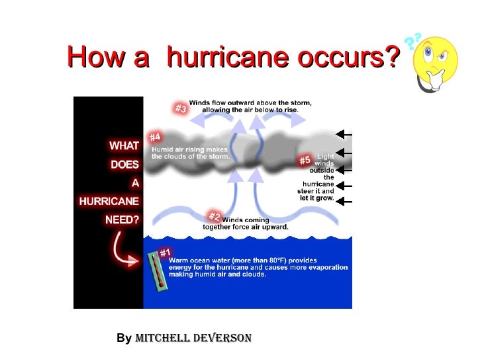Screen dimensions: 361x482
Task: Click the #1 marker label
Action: point(165,253)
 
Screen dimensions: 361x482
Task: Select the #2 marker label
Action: point(214,217)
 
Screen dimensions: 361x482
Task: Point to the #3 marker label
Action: point(180,108)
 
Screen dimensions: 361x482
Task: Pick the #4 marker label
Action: point(155,137)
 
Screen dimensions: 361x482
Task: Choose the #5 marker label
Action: point(305,161)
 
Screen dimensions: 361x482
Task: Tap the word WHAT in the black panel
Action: point(124,145)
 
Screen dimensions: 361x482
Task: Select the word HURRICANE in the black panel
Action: point(109,202)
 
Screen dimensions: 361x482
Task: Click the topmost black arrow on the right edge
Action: point(344,134)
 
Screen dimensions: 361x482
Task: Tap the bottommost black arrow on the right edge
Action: point(344,201)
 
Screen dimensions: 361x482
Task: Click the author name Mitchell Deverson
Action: point(193,338)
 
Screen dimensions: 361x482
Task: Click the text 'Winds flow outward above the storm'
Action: point(250,103)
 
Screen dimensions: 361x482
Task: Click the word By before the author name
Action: point(124,339)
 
